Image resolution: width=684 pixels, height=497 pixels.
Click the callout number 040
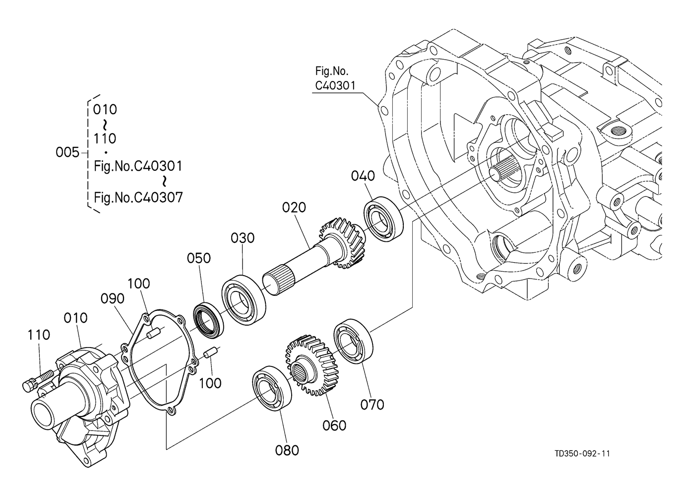point(363,176)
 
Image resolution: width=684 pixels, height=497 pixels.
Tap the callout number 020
point(294,208)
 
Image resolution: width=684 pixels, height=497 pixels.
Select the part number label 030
point(243,238)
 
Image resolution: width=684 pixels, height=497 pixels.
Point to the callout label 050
point(199,258)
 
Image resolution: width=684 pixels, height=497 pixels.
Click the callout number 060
point(334,426)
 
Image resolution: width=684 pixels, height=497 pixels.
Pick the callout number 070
point(372,405)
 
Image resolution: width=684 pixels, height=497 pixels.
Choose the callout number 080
point(287,450)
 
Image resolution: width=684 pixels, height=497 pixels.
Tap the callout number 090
point(113,298)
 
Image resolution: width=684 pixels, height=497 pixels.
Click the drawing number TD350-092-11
point(582,454)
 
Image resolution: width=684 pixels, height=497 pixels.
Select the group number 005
point(67,152)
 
